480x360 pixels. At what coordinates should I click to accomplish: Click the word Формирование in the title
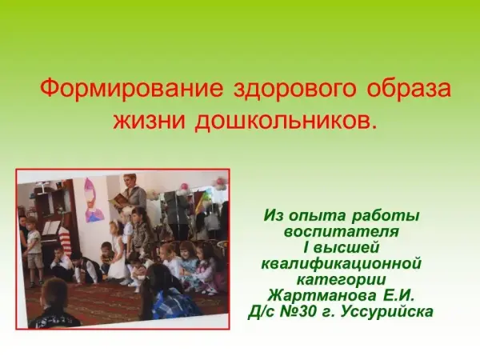point(132,89)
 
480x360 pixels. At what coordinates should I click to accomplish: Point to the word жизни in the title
point(150,120)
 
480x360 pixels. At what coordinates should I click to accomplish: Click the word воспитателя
point(342,231)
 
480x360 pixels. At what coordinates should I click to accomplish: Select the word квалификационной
point(342,263)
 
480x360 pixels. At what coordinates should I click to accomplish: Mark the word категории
point(342,280)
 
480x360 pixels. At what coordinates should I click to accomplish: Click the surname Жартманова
point(322,296)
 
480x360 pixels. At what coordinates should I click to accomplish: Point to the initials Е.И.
point(398,296)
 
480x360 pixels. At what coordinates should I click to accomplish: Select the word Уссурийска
point(386,312)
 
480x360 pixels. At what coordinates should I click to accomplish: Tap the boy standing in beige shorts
point(33,252)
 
